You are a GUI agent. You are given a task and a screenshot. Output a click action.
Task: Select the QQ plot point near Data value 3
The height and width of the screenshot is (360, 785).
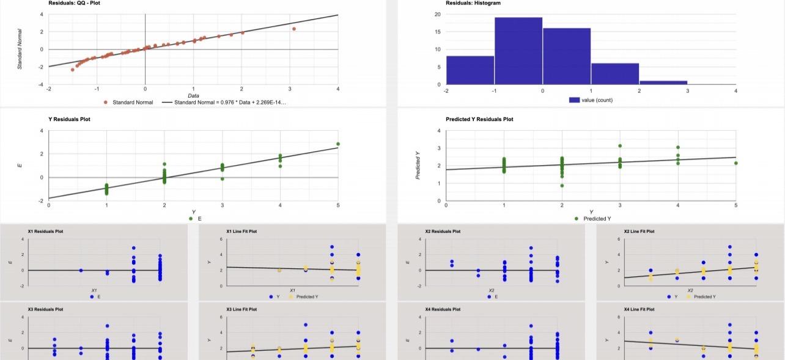tap(294, 29)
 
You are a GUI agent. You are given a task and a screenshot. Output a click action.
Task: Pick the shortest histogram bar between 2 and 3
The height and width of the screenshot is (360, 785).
tap(663, 83)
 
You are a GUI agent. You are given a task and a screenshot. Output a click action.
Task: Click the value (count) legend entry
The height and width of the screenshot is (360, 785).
tap(591, 100)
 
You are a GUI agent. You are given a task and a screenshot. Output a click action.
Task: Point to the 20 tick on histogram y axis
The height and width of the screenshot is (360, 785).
tap(438, 14)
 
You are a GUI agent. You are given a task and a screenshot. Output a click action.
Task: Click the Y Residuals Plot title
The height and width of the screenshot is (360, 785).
tap(69, 119)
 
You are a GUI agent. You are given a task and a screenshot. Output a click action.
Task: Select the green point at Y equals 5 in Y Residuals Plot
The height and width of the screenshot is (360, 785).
tap(338, 144)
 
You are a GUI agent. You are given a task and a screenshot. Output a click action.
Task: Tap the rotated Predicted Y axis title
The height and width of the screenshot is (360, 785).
tap(418, 166)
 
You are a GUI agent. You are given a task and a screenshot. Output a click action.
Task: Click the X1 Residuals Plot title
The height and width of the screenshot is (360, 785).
tap(45, 232)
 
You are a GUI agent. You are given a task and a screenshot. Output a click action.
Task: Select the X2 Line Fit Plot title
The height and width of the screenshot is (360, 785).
tap(639, 232)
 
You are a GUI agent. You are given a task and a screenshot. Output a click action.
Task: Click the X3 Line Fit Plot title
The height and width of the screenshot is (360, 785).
tap(241, 310)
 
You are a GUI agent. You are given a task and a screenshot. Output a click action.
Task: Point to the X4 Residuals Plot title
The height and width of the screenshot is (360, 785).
tap(443, 310)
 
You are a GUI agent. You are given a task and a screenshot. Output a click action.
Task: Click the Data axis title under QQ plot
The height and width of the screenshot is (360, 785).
tap(193, 95)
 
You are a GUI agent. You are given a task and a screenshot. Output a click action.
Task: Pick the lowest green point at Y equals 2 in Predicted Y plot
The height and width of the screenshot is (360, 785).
tap(562, 186)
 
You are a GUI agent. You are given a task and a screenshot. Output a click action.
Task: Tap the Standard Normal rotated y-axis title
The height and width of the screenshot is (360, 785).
tap(20, 49)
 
